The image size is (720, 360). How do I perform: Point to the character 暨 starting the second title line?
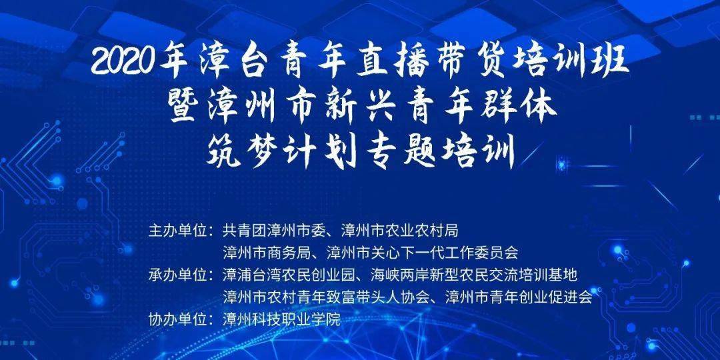coord(185,107)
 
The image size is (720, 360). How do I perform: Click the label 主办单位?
coord(176,229)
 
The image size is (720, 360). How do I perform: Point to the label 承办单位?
coord(176,275)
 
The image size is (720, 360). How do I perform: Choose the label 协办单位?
coord(176,319)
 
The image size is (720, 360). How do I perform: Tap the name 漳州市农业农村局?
coord(406,229)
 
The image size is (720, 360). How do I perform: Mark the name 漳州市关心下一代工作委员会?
coord(423,252)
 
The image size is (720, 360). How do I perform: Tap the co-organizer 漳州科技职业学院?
coord(281,319)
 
